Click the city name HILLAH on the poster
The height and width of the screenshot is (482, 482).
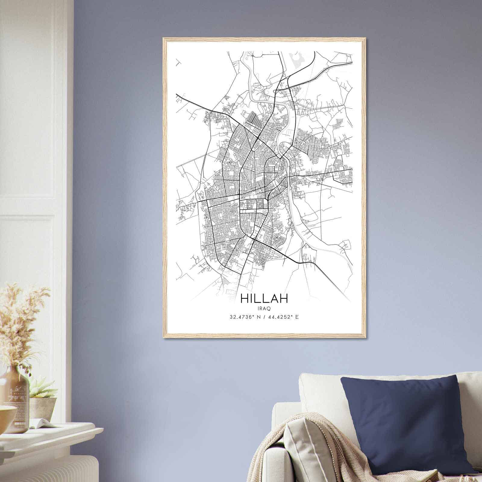tap(264, 298)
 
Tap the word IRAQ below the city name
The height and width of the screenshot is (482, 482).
tap(264, 308)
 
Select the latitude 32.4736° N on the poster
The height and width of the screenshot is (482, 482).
tap(244, 317)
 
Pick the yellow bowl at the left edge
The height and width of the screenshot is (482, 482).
tap(6, 416)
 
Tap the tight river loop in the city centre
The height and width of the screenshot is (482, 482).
tap(284, 148)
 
